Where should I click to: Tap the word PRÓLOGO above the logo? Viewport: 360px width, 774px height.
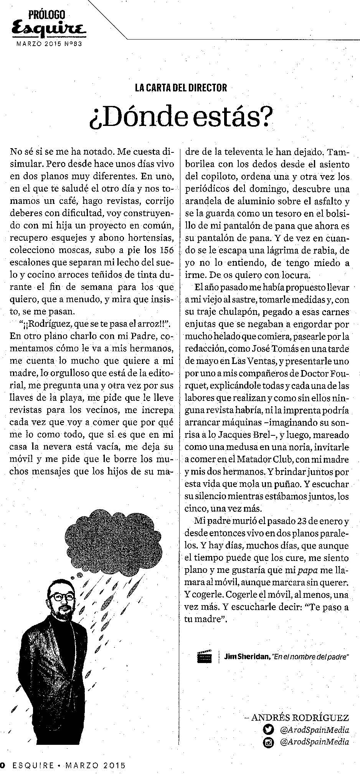coord(46,15)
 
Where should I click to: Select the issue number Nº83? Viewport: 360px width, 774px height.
coord(73,43)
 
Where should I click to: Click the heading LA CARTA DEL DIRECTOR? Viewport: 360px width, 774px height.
coord(181,88)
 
